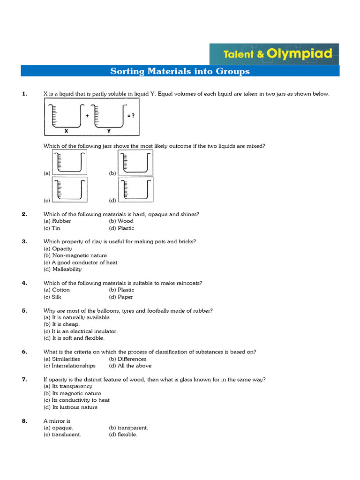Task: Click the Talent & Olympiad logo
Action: (274, 54)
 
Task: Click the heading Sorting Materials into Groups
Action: (180, 71)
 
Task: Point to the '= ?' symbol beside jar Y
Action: (131, 115)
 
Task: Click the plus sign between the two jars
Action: (88, 115)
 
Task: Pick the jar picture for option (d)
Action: (135, 190)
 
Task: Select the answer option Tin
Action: (56, 228)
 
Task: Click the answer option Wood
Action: (125, 221)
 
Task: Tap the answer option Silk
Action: (56, 297)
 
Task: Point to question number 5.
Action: (24, 310)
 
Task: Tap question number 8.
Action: (24, 421)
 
